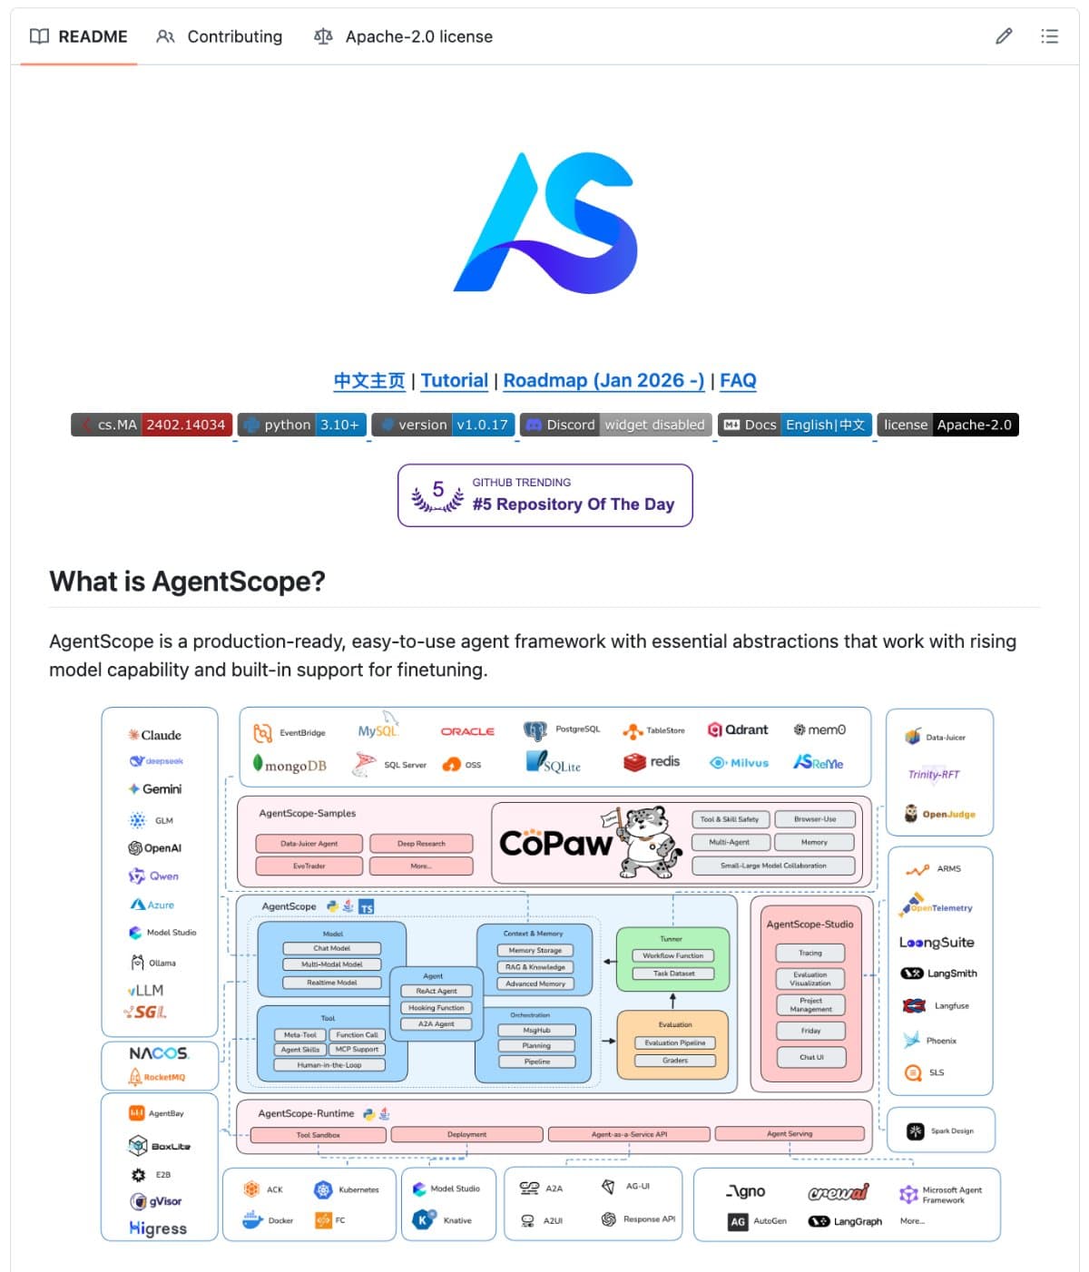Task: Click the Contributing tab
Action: pos(220,36)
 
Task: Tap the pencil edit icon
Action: pos(1004,36)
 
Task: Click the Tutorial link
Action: pos(454,380)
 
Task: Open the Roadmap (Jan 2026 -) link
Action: pos(603,380)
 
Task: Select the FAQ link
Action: pos(737,380)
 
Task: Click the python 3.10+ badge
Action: pos(303,425)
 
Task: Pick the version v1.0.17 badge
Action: pos(445,425)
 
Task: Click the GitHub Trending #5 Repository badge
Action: pos(544,495)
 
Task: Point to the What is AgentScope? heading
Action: pos(187,581)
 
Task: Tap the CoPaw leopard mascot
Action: pos(648,842)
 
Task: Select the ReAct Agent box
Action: pos(436,991)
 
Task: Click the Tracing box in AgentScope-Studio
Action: pos(809,953)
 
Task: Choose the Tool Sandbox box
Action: pos(318,1134)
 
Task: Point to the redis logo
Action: pos(652,762)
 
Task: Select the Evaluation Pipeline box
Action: pos(674,1042)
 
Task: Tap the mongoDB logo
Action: pos(289,765)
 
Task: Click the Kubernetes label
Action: pos(358,1189)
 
